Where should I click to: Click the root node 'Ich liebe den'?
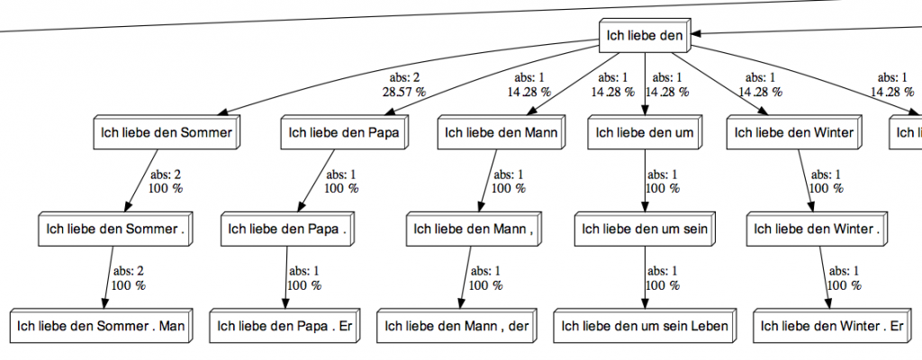click(x=646, y=37)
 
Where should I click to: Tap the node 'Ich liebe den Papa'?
click(x=343, y=134)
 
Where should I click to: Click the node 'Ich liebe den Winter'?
click(x=794, y=134)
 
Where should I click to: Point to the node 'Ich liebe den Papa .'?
click(x=284, y=229)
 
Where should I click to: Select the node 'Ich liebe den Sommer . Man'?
click(x=101, y=326)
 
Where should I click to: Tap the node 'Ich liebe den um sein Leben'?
click(x=645, y=326)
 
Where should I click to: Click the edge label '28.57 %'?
click(x=404, y=91)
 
